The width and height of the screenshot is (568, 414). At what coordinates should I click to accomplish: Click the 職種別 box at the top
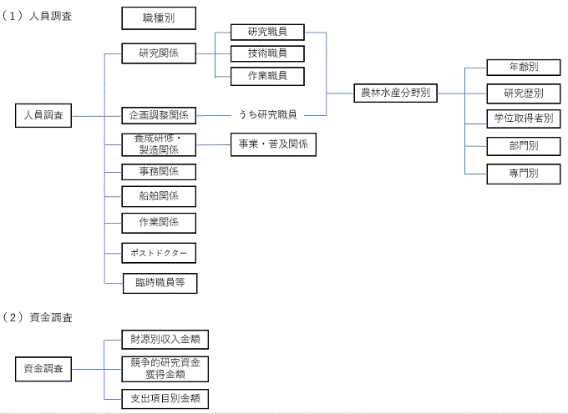click(x=159, y=18)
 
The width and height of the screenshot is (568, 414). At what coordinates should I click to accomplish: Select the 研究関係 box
click(x=159, y=54)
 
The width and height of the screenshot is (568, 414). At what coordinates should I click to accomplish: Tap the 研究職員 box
click(x=267, y=33)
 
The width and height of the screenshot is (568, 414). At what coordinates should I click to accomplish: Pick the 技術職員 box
click(x=267, y=54)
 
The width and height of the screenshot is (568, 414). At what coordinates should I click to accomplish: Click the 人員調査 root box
click(x=43, y=115)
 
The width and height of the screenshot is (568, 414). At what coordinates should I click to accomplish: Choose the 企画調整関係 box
click(x=159, y=114)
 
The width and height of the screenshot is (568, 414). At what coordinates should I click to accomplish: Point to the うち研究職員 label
click(x=267, y=114)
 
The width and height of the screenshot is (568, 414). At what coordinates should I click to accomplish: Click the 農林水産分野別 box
click(x=394, y=93)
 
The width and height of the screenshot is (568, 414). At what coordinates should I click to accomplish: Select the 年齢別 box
click(x=523, y=67)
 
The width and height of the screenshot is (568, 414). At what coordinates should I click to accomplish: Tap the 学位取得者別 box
click(x=523, y=119)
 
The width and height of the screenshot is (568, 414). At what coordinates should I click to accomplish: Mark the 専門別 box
click(x=523, y=174)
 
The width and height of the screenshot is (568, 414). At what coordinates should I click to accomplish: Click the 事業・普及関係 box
click(x=273, y=144)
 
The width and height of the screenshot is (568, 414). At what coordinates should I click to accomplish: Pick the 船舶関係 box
click(x=159, y=197)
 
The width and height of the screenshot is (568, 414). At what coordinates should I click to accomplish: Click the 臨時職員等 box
click(x=159, y=283)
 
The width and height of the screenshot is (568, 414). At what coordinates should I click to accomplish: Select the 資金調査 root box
click(x=43, y=368)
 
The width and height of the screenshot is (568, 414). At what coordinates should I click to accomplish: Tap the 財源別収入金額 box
click(x=165, y=339)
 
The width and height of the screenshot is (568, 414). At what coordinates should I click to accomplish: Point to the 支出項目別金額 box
click(x=165, y=397)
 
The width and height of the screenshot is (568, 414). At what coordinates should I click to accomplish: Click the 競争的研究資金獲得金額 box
click(x=165, y=368)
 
